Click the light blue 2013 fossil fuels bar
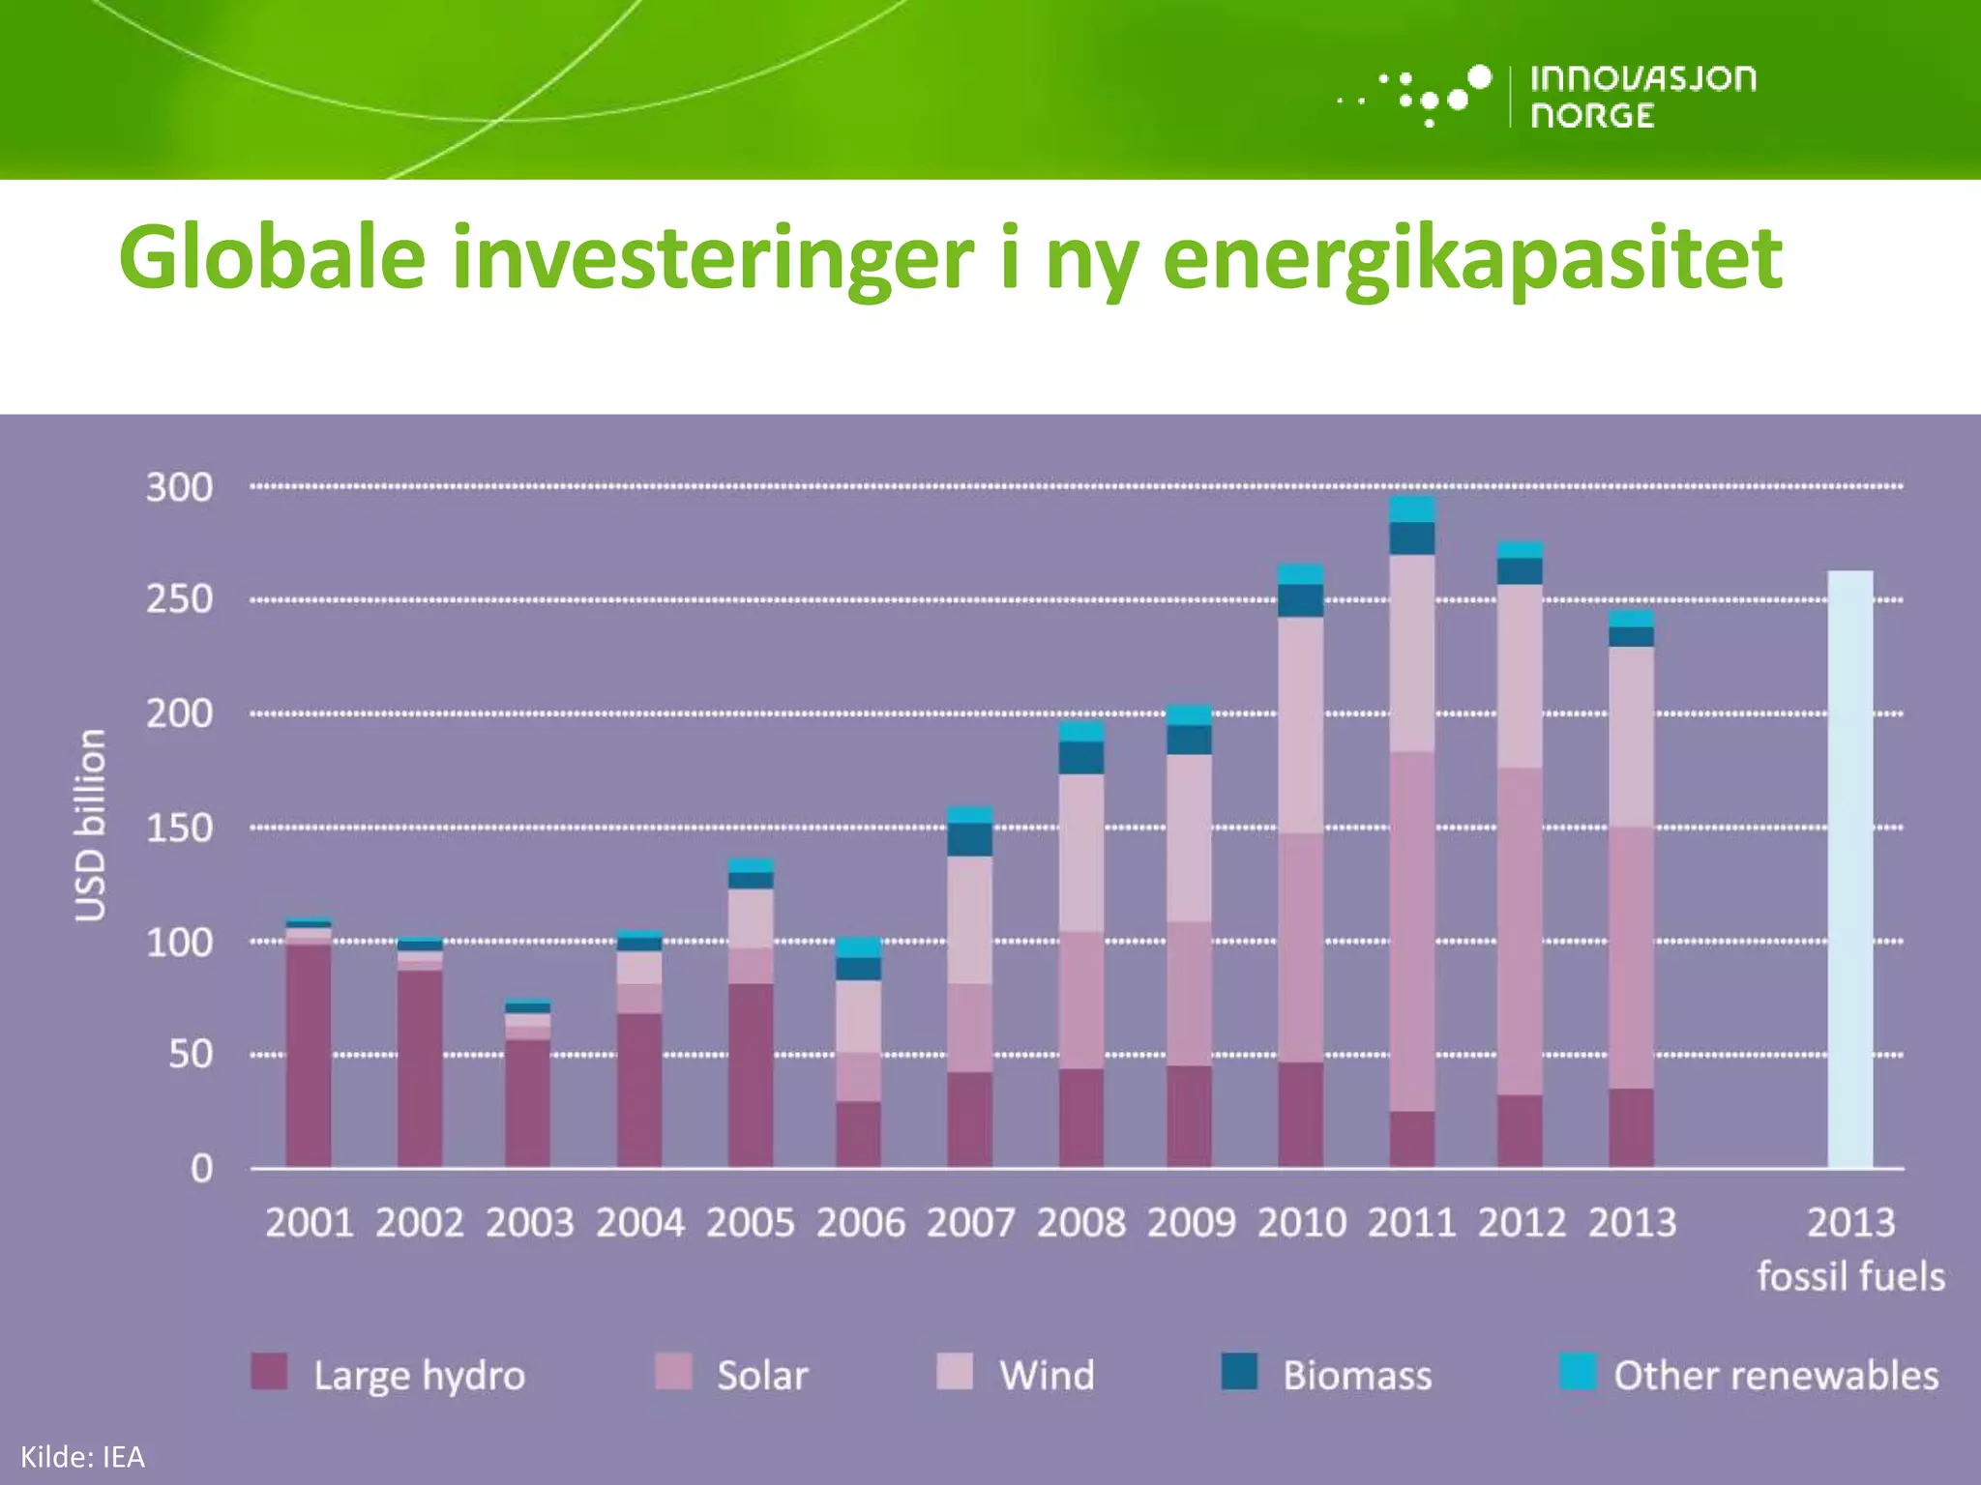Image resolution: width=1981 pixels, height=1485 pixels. pyautogui.click(x=1849, y=870)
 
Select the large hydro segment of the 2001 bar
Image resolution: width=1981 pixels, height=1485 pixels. pyautogui.click(x=309, y=1054)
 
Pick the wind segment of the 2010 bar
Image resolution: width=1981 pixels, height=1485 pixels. pyautogui.click(x=1300, y=725)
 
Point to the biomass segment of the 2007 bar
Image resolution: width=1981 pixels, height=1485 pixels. pyautogui.click(x=969, y=839)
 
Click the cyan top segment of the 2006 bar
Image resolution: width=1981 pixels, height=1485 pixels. pyautogui.click(x=858, y=946)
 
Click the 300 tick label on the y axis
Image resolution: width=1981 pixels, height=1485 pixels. pyautogui.click(x=179, y=487)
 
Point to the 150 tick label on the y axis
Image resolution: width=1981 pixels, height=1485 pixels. pyautogui.click(x=179, y=829)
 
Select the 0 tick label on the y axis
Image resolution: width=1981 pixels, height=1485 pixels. pyautogui.click(x=200, y=1169)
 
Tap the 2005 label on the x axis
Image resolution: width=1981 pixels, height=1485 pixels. pyautogui.click(x=750, y=1223)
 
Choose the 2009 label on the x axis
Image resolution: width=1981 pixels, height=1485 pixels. pyautogui.click(x=1191, y=1223)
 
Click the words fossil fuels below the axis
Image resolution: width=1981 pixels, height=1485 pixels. pyautogui.click(x=1849, y=1276)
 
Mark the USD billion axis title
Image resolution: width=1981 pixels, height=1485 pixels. pyautogui.click(x=90, y=825)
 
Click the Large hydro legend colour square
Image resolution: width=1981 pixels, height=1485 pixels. pyautogui.click(x=269, y=1371)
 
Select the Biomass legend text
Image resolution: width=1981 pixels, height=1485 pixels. pyautogui.click(x=1356, y=1376)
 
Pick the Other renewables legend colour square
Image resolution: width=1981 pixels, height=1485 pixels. pyautogui.click(x=1577, y=1371)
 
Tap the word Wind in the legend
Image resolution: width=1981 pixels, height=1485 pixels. pyautogui.click(x=1047, y=1376)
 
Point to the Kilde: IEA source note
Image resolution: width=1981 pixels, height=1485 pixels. pyautogui.click(x=82, y=1457)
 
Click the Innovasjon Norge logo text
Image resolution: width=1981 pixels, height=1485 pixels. pyautogui.click(x=1641, y=96)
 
